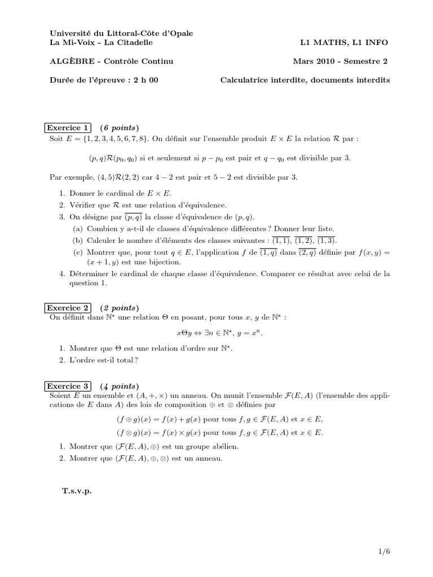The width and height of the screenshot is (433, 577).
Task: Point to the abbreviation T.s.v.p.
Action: click(x=77, y=491)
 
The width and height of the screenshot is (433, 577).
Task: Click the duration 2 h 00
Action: click(x=144, y=80)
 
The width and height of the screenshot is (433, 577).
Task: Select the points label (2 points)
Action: click(x=118, y=308)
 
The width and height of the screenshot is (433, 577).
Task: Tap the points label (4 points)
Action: click(x=118, y=386)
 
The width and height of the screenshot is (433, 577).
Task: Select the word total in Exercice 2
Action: click(x=126, y=360)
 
